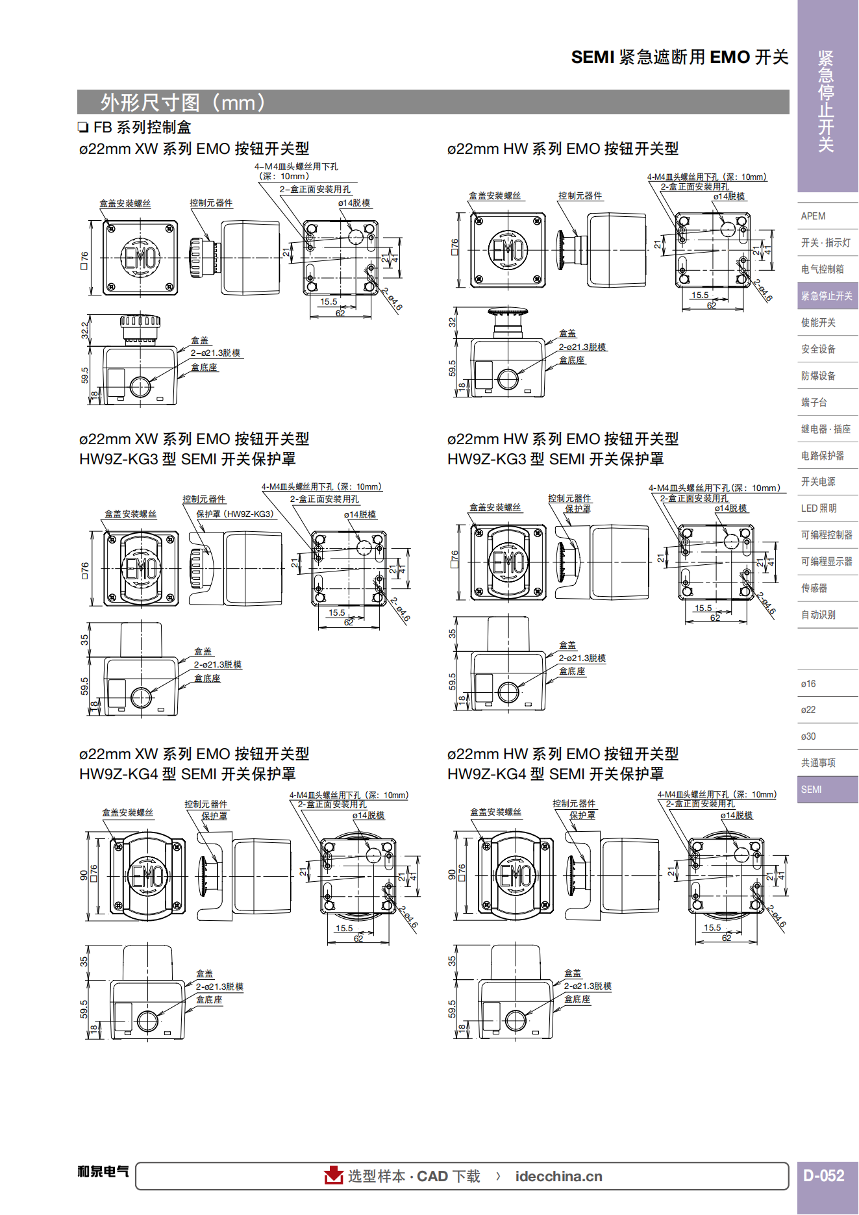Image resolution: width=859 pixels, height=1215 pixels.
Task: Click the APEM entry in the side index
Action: click(813, 216)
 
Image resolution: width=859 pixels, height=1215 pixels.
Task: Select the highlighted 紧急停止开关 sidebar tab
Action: click(827, 296)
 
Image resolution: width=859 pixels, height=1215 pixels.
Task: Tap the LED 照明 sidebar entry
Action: click(819, 508)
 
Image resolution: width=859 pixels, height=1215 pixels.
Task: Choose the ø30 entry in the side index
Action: click(808, 736)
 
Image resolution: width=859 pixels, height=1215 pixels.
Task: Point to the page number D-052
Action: click(824, 1176)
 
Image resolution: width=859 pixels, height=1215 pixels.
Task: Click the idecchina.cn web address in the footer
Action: click(559, 1177)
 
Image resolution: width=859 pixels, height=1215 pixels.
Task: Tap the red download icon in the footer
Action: click(334, 1175)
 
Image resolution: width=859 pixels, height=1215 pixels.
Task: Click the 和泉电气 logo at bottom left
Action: click(103, 1171)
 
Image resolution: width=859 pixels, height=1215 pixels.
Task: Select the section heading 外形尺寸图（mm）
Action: click(184, 103)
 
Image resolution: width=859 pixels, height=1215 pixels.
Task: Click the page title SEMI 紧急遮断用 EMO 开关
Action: click(680, 57)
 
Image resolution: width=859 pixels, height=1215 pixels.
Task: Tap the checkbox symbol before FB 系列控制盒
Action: click(83, 127)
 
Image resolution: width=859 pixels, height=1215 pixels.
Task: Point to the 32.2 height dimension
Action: click(84, 331)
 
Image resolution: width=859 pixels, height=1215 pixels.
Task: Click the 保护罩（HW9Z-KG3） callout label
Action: click(236, 514)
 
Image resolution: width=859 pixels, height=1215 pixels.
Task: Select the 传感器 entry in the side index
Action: click(814, 588)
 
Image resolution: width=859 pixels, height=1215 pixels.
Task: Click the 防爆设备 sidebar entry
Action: click(818, 376)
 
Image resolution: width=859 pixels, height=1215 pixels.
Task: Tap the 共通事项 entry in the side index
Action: click(818, 763)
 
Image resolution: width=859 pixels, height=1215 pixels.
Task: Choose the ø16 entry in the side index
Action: click(808, 684)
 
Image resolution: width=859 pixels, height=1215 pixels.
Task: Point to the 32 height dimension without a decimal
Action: click(453, 322)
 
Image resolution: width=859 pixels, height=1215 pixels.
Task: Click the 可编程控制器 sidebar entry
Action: click(827, 535)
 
